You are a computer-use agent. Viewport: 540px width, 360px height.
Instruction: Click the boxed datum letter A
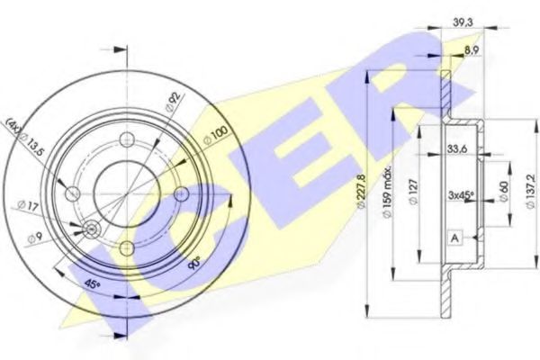(455, 237)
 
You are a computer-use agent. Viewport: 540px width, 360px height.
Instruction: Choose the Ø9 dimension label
(33, 238)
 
